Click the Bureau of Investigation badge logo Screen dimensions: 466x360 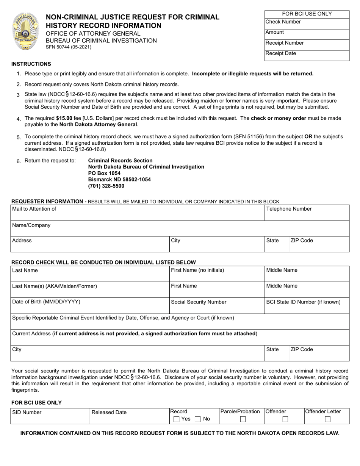tap(25, 31)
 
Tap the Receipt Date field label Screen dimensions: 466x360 tap(281, 53)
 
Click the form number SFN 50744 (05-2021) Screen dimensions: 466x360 tap(69, 47)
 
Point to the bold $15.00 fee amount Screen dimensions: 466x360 tap(64, 118)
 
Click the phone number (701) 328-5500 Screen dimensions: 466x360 tap(106, 186)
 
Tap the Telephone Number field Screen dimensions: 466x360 tap(307, 213)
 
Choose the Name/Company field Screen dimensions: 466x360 tap(180, 228)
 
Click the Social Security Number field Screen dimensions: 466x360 tap(217, 306)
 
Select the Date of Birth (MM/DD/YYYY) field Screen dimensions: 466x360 tap(89, 306)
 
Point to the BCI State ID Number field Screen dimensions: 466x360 tap(307, 306)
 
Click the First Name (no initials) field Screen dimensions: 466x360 tap(217, 274)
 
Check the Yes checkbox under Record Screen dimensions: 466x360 tap(176, 419)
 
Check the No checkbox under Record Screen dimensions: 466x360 tap(197, 419)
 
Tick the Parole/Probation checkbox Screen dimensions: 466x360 tap(243, 419)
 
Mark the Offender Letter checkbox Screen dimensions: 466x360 tap(327, 419)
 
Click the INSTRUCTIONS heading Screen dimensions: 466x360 tap(31, 64)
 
